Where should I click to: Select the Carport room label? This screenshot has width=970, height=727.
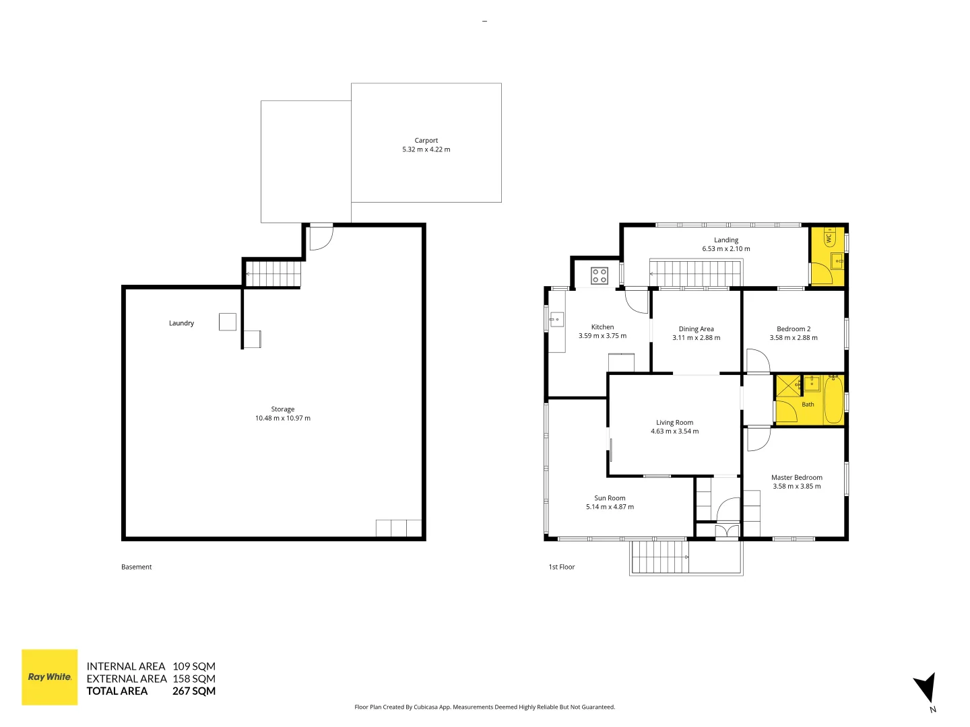pos(426,141)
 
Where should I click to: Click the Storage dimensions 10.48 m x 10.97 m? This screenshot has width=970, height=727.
pos(283,418)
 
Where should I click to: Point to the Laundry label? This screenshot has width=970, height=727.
pos(181,323)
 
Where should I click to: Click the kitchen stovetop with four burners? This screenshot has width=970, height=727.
pos(600,276)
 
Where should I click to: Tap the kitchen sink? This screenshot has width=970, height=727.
pos(557,319)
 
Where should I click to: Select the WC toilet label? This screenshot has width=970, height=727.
pos(829,238)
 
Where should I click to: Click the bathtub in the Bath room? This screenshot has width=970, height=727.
pos(834,399)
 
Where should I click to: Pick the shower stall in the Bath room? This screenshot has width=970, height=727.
pos(789,386)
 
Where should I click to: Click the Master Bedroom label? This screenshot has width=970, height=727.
pos(797,477)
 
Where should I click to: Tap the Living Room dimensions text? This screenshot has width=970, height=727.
pos(674,431)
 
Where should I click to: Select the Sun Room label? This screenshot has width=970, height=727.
pos(610,498)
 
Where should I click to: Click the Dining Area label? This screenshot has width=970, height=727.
pos(696,329)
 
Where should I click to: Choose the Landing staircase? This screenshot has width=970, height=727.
pos(696,274)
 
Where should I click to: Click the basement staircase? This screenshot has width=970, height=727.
pos(273,274)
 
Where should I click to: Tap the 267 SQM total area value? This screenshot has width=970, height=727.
pos(194,691)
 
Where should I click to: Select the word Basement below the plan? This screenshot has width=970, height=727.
pos(136,567)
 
